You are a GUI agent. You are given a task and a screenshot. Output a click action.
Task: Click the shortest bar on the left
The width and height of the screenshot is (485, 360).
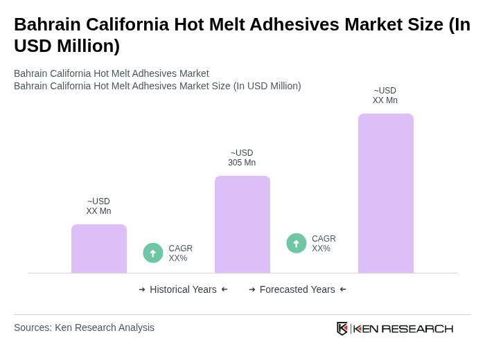click(99, 249)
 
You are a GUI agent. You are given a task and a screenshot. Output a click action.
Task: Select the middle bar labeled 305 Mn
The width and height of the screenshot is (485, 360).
click(242, 224)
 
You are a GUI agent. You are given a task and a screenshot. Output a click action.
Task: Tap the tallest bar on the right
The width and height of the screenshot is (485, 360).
click(385, 193)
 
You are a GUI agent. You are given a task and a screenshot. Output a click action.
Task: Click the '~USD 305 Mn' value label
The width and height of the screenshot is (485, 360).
click(242, 158)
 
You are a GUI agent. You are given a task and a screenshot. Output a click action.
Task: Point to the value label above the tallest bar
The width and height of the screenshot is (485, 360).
click(385, 96)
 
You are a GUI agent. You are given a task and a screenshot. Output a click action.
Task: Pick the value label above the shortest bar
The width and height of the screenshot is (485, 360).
click(98, 206)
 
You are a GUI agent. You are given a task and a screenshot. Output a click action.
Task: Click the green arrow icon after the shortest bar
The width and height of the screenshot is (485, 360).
click(153, 253)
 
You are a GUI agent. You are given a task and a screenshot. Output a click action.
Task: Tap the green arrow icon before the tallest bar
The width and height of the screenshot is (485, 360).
click(297, 244)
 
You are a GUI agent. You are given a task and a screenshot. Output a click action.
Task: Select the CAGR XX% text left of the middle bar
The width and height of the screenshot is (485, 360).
click(180, 253)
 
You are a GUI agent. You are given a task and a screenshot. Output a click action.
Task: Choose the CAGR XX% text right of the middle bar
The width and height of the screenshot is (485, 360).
click(324, 244)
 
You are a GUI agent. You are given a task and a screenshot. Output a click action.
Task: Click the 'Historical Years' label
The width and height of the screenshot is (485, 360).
click(183, 289)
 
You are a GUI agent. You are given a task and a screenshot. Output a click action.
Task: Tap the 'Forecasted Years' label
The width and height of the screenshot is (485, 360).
click(297, 289)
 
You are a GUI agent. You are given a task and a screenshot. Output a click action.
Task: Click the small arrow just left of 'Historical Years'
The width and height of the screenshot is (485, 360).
click(142, 289)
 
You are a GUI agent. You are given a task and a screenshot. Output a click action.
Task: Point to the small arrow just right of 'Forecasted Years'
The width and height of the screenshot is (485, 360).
click(343, 289)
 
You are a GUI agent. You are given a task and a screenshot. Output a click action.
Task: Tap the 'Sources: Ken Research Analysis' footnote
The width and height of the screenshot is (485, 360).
click(84, 327)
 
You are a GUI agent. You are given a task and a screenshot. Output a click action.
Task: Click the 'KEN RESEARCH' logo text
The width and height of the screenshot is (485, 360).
click(403, 329)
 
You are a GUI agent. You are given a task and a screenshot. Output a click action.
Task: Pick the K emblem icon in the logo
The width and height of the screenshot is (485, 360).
click(342, 328)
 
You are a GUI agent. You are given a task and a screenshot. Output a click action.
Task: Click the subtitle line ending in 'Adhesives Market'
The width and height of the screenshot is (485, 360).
click(111, 73)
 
